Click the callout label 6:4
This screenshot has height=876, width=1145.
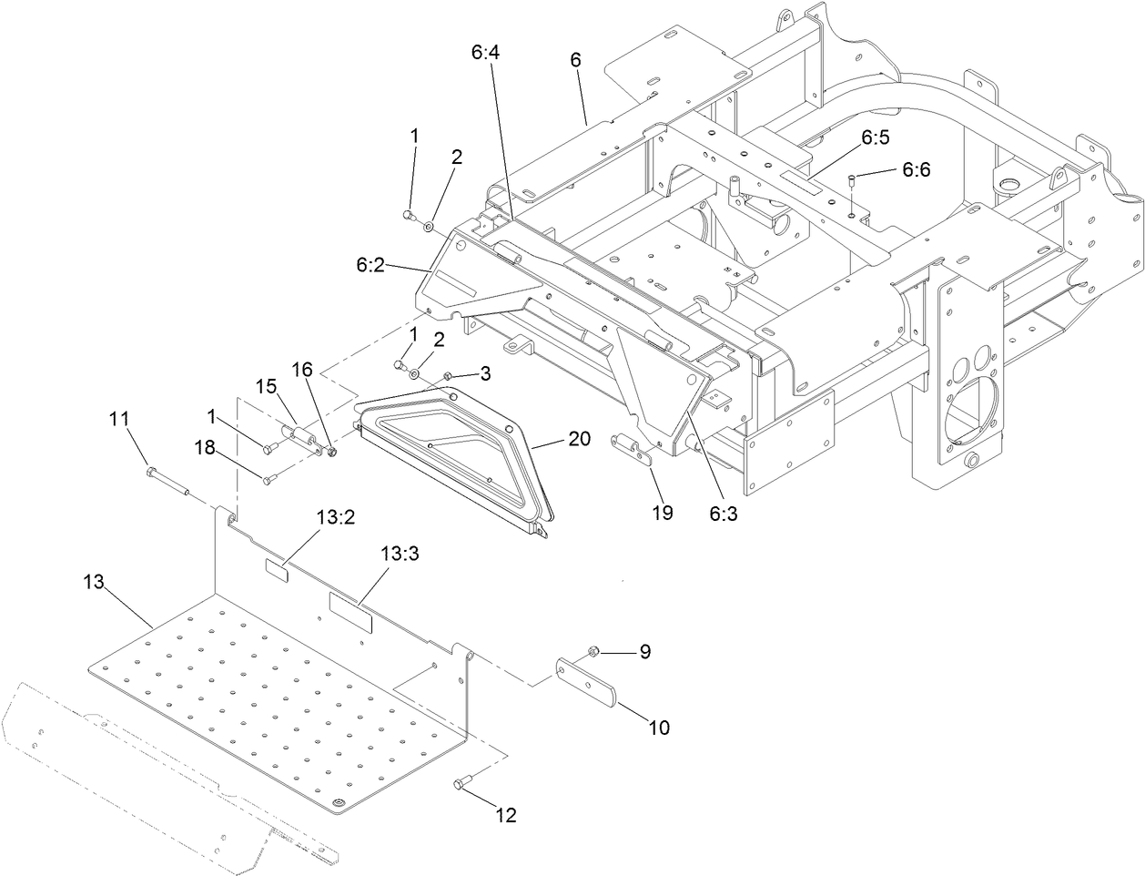tap(485, 54)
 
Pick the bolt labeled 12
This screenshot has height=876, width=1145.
tap(461, 782)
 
